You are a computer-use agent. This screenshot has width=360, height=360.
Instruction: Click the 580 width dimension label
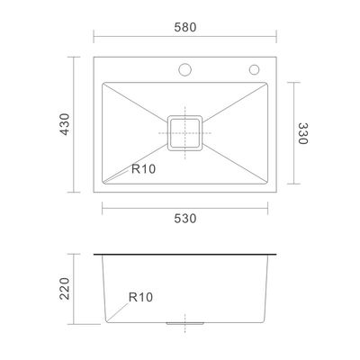coord(185,26)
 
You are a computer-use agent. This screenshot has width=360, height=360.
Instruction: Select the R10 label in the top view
coord(143,168)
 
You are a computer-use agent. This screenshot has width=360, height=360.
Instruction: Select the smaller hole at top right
coord(254,68)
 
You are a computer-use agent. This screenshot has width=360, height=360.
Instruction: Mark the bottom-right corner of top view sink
coord(275,194)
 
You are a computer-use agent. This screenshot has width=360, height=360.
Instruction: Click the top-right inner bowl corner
coord(265,83)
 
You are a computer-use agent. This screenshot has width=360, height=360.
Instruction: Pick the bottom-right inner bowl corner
coord(265,184)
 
